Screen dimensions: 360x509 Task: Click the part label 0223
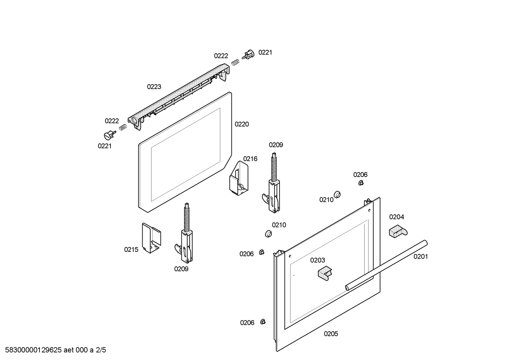click(x=154, y=87)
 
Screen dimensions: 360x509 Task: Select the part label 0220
click(x=241, y=124)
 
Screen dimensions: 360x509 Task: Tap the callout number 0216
click(x=250, y=159)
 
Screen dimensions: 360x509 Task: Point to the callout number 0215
click(x=131, y=250)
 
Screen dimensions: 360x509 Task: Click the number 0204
click(x=396, y=217)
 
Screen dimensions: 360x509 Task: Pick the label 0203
click(x=317, y=260)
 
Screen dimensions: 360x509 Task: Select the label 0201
click(x=420, y=256)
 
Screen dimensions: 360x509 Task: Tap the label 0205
click(x=331, y=334)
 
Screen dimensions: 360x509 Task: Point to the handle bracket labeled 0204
click(x=397, y=231)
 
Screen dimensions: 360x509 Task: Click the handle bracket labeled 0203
click(x=325, y=273)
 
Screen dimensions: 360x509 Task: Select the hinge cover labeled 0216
click(x=238, y=178)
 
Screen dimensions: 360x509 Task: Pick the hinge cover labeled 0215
click(x=151, y=238)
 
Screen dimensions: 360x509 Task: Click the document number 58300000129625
click(x=31, y=350)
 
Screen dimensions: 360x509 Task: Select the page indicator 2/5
click(x=101, y=350)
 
